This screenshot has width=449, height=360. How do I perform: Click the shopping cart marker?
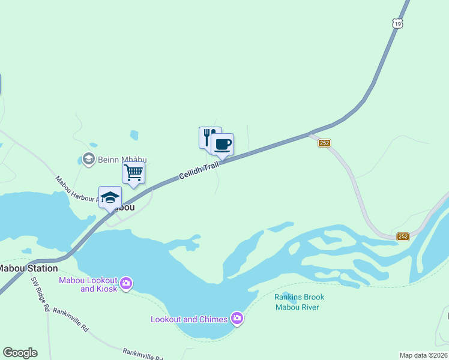point(133,172)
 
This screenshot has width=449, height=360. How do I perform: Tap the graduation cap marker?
point(110,197)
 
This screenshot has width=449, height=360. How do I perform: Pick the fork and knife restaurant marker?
point(208,137)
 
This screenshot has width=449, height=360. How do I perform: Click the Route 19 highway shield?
point(398,23)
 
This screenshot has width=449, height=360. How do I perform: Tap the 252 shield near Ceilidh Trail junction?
point(325,143)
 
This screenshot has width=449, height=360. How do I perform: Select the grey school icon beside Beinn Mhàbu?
point(88,159)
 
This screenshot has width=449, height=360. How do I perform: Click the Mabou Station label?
point(28,268)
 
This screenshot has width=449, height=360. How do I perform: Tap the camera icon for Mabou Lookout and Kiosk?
point(125,283)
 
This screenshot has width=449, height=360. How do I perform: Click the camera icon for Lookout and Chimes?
point(237,318)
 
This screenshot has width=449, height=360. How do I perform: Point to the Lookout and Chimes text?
point(188,319)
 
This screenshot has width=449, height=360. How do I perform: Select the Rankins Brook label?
point(299,297)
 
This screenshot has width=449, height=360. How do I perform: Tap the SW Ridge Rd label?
point(40,294)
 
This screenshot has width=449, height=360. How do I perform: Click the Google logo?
point(20,353)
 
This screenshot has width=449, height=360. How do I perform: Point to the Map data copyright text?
point(424,355)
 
